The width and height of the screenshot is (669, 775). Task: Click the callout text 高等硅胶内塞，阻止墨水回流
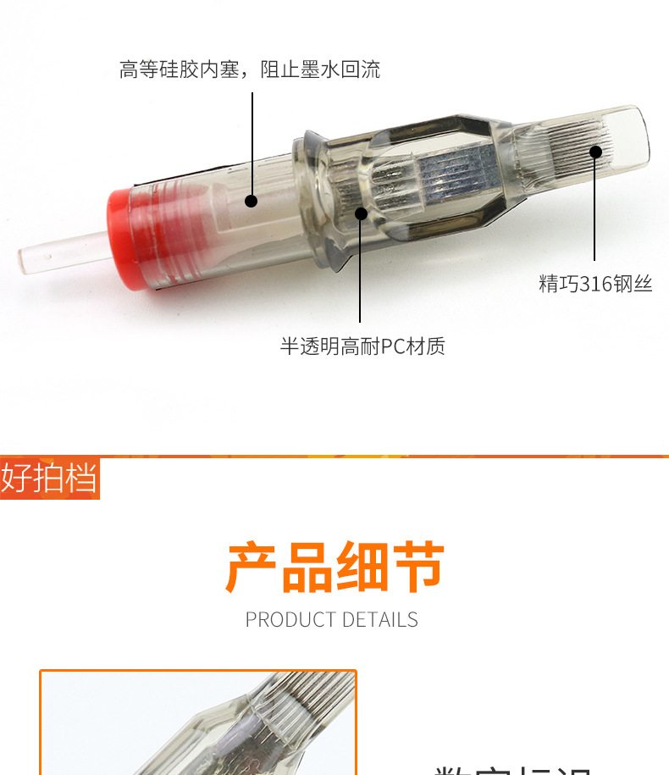point(250,69)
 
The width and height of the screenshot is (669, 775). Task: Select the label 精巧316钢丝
point(595,284)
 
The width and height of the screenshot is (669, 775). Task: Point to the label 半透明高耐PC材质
point(362,346)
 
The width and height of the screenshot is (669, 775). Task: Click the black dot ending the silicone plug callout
point(252,201)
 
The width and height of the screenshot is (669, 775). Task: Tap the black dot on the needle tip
point(595,152)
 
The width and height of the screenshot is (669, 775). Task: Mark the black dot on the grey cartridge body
point(361,213)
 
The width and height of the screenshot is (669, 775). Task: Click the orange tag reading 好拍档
point(49,479)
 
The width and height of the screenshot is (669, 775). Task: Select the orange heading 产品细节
point(334,567)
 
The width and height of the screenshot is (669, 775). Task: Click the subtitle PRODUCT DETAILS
point(331,620)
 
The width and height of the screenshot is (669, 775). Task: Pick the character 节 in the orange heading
point(417,567)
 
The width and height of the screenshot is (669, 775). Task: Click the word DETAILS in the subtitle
point(379,620)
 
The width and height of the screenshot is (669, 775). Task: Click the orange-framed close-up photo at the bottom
point(198,724)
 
